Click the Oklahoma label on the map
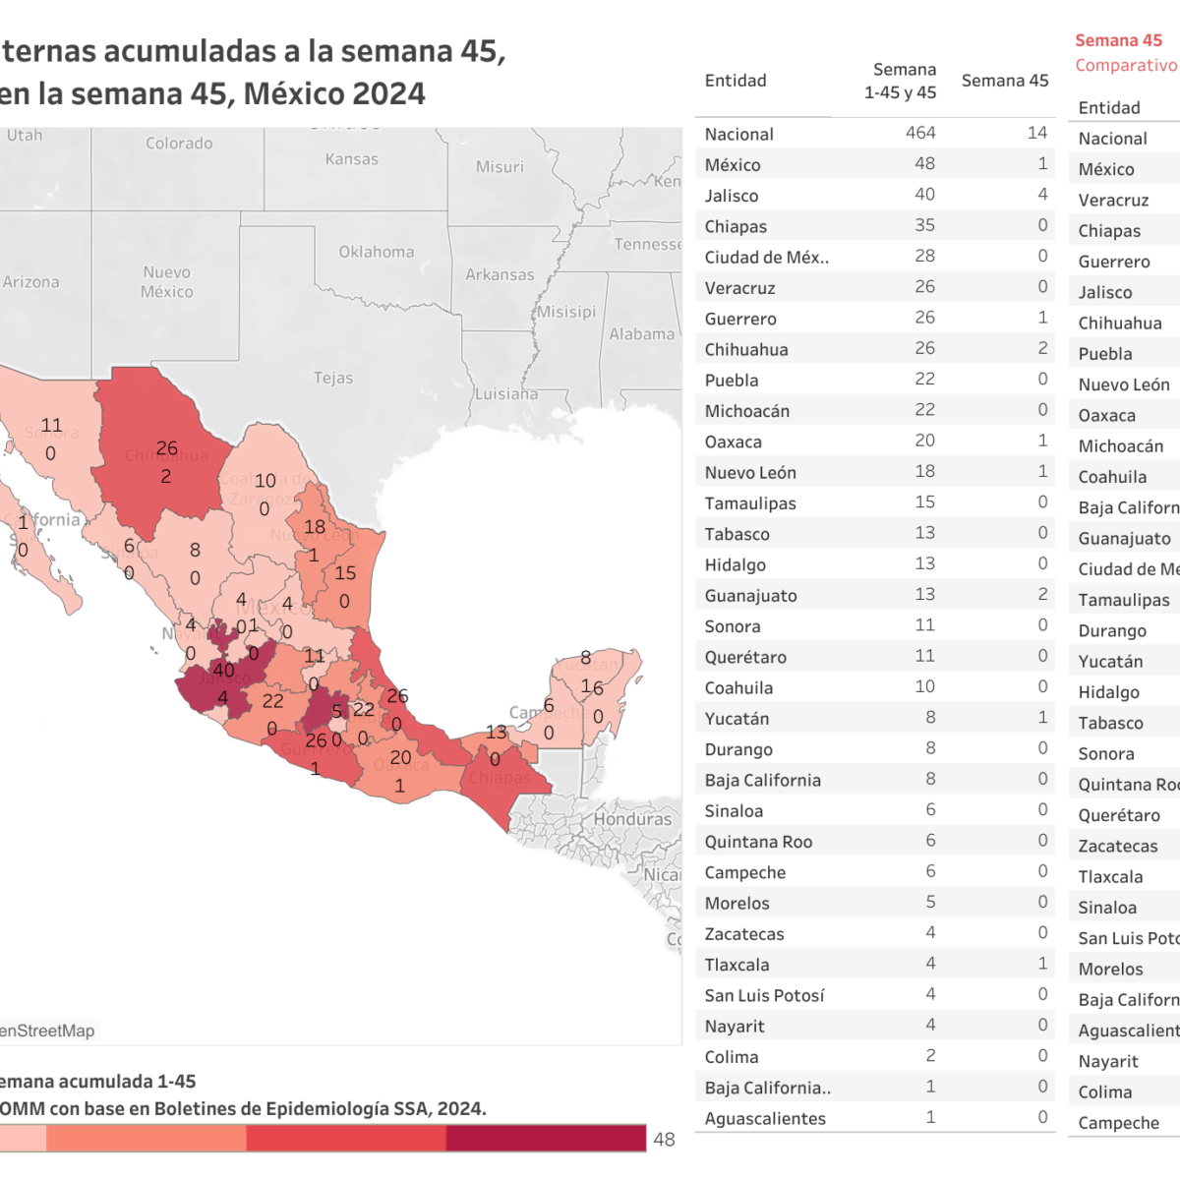(x=377, y=252)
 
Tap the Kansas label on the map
(x=351, y=159)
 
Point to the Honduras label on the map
(x=632, y=819)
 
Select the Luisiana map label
(x=505, y=394)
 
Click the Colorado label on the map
(x=179, y=144)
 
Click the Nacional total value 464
(x=920, y=133)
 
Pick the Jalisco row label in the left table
(x=732, y=196)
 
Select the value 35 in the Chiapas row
(x=924, y=225)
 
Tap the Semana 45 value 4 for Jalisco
(x=1042, y=195)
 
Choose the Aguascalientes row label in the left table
(x=765, y=1118)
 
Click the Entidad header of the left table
(x=736, y=81)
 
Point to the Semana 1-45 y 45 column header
(x=901, y=81)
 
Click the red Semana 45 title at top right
(x=1118, y=40)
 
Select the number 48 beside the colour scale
(x=664, y=1139)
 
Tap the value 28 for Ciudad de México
(x=924, y=256)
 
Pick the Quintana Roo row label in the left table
(x=758, y=842)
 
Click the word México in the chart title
(x=290, y=94)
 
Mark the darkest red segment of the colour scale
(x=546, y=1138)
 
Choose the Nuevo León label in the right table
(x=1124, y=384)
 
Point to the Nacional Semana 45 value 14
(x=1036, y=133)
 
